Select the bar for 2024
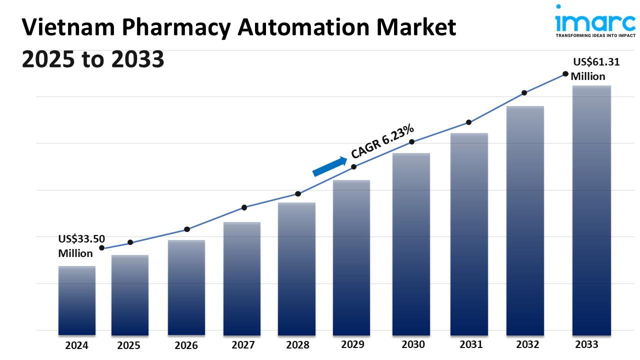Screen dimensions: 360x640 pos(76,300)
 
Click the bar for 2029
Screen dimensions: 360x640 pos(351,257)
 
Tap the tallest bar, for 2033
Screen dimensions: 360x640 pos(591,210)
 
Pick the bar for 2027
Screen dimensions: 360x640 pos(242,278)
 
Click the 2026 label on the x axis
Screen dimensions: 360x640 pos(186,345)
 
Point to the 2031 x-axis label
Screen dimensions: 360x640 pos(471,344)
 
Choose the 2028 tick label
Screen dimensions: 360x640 pos(297,345)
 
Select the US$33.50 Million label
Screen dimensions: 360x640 pos(81,246)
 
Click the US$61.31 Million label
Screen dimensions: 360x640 pos(595,69)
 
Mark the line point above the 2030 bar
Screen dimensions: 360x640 pos(412,142)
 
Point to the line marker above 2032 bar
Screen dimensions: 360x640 pos(524,92)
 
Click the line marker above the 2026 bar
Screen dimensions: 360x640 pos(187,229)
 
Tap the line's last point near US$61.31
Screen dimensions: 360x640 pos(565,74)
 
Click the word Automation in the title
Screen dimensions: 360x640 pos(310,28)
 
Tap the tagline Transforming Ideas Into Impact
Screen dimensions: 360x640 pos(595,36)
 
